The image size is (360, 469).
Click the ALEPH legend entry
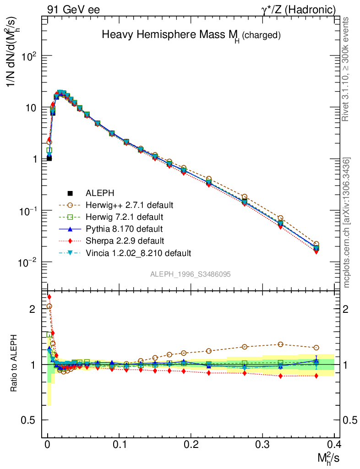(x=96, y=193)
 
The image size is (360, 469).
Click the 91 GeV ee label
(x=73, y=10)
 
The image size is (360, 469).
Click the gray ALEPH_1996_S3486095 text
(x=190, y=274)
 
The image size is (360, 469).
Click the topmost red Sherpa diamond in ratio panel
(x=49, y=297)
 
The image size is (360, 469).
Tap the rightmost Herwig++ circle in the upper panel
(x=316, y=244)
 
